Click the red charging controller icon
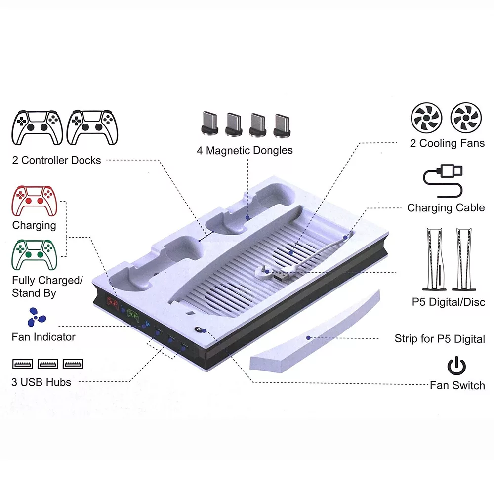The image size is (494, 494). (34, 201)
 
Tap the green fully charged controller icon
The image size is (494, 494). (34, 255)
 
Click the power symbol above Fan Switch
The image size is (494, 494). (456, 366)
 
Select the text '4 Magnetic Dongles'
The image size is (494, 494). (245, 150)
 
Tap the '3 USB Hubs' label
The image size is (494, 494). (41, 382)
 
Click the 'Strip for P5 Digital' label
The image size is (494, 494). (440, 339)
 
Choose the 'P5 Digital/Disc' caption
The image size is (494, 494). (449, 302)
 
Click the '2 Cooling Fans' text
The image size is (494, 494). (447, 143)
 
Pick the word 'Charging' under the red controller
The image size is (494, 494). (34, 225)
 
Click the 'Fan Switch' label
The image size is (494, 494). (457, 385)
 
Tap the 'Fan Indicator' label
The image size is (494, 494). (43, 337)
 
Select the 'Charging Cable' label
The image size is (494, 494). (446, 207)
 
